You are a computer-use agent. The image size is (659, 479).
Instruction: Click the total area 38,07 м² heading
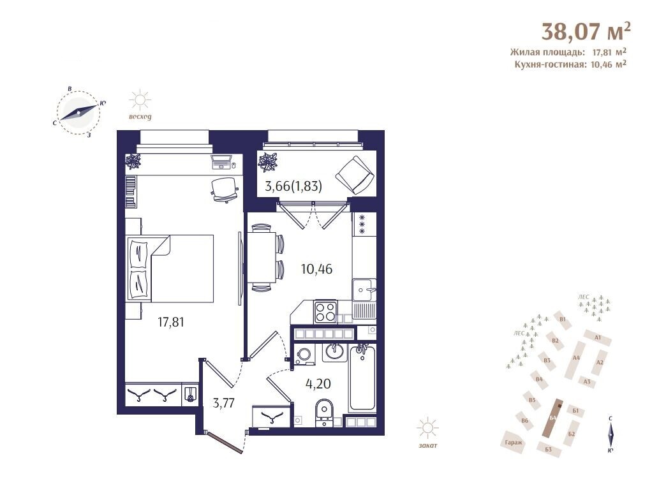[586, 31]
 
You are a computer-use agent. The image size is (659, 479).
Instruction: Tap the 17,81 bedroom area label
[170, 322]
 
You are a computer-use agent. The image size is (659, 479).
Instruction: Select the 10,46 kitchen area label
[316, 269]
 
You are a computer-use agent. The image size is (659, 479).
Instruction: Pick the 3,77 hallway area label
[223, 403]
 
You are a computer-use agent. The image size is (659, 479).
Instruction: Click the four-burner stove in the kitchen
[325, 312]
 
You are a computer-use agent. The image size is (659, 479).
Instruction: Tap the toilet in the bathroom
[323, 412]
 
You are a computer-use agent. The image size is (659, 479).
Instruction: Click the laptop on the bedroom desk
[221, 161]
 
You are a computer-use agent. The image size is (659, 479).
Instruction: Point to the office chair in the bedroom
[224, 189]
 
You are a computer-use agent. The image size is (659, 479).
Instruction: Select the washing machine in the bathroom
[304, 355]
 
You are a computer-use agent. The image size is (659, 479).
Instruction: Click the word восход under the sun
[140, 117]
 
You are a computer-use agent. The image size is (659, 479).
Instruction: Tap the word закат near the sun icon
[427, 445]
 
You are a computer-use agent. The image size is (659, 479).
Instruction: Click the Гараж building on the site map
[514, 443]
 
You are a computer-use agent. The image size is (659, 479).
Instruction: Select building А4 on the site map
[576, 358]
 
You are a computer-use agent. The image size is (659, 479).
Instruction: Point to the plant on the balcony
[268, 162]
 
